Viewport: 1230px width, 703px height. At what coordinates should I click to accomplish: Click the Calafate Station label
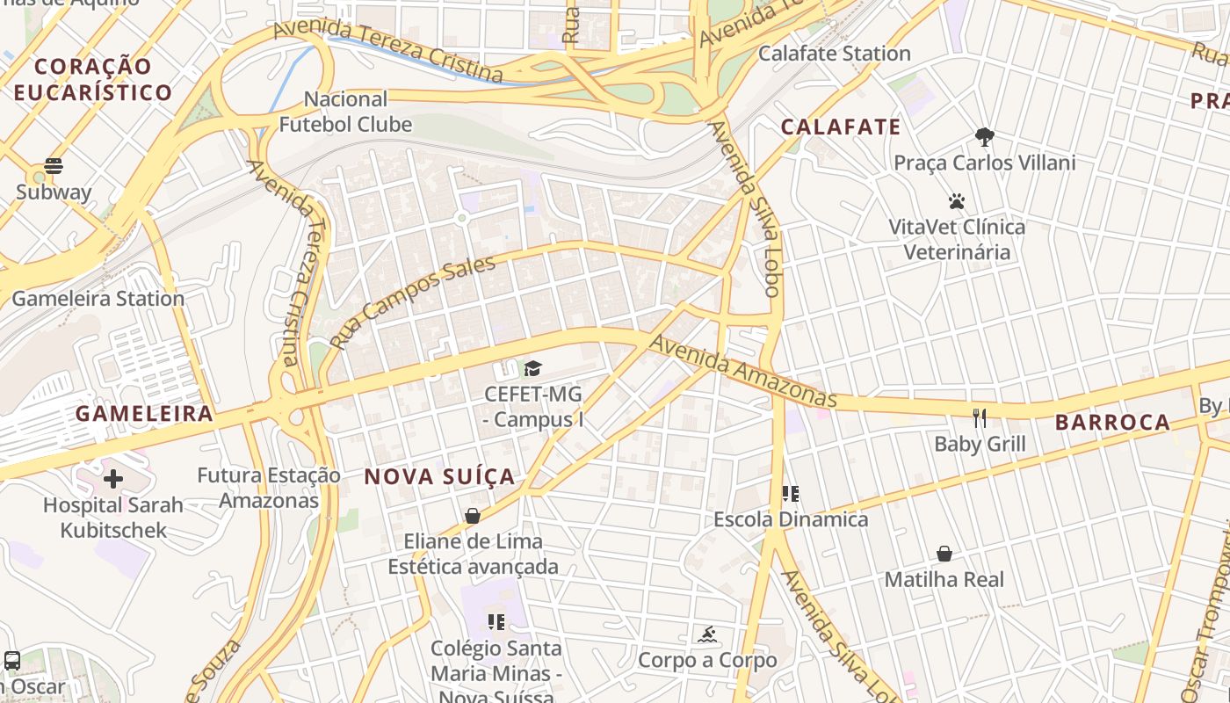(834, 54)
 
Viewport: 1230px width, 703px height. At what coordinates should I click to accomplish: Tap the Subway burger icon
(54, 166)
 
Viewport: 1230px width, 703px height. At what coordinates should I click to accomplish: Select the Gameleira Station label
(98, 299)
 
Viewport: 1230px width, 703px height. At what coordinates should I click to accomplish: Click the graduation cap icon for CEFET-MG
(533, 367)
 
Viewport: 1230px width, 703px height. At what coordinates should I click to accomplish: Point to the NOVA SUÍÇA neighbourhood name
(439, 477)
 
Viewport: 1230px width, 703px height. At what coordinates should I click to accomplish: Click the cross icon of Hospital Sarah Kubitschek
(113, 479)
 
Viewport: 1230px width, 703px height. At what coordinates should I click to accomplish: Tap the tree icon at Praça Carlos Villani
(984, 136)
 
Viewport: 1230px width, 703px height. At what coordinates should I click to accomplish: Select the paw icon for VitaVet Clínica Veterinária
(957, 201)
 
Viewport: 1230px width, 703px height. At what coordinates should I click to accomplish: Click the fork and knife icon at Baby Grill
(980, 417)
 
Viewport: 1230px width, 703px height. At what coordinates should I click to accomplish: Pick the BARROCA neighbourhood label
(1112, 423)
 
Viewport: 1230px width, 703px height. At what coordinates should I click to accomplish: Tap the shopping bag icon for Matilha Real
(944, 554)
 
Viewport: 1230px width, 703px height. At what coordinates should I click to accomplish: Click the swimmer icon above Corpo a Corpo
(707, 634)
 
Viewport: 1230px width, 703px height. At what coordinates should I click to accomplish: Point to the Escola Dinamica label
(791, 519)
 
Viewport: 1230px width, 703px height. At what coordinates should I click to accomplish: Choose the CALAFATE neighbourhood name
(841, 127)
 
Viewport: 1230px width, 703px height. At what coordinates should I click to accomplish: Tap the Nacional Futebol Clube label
(345, 112)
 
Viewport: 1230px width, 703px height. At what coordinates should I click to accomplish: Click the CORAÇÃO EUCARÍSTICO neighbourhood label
(93, 79)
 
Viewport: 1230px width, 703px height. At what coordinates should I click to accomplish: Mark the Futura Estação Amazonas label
(268, 488)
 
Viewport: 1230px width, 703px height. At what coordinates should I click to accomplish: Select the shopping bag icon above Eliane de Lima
(473, 516)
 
